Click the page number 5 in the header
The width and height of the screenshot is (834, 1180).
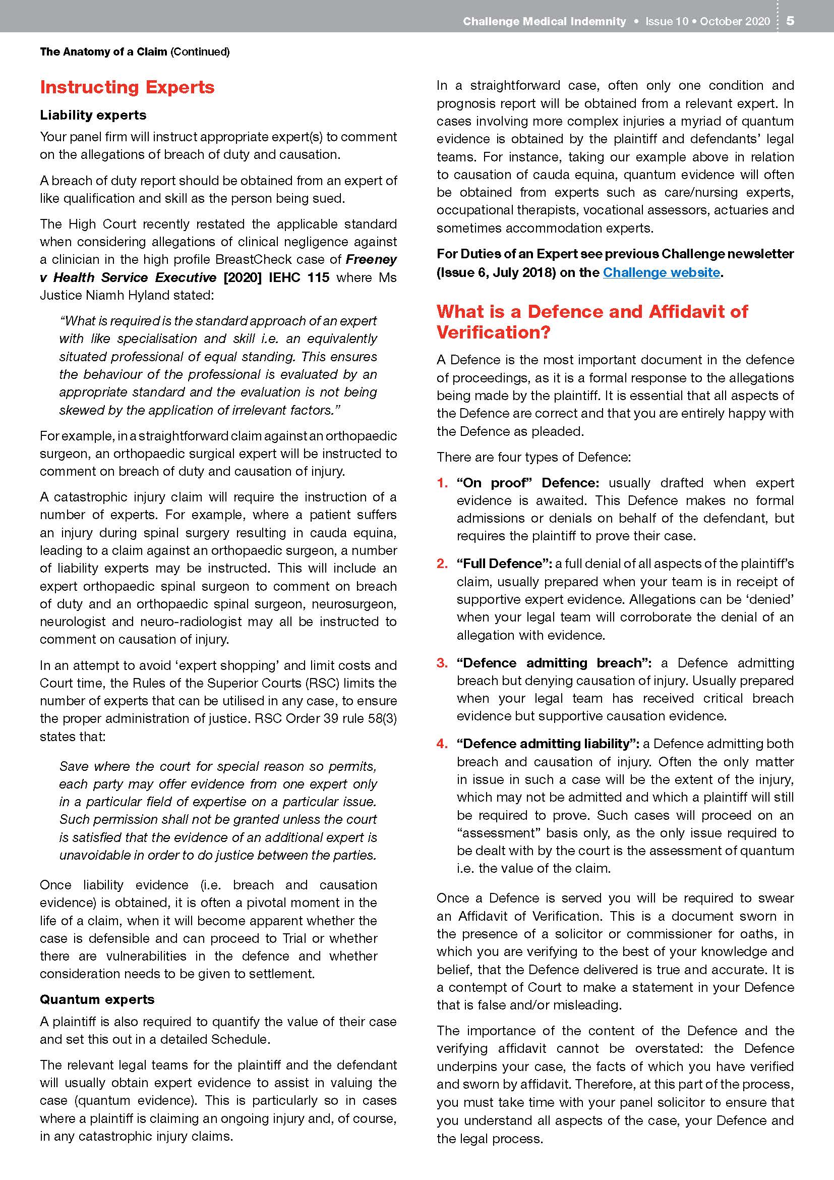(x=790, y=21)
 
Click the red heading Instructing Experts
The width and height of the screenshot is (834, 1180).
(x=127, y=87)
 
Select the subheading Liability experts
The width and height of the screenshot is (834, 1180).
(x=93, y=115)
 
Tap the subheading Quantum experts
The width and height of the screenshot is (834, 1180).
(x=97, y=999)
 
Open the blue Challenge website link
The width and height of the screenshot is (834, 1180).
(x=661, y=272)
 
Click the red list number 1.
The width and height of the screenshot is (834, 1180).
(x=442, y=483)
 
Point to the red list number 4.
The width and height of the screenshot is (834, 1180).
(x=442, y=744)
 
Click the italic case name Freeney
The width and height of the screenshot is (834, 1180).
(x=371, y=259)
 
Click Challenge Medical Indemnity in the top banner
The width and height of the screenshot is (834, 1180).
(x=544, y=21)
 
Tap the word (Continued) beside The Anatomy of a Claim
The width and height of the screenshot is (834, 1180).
(x=200, y=51)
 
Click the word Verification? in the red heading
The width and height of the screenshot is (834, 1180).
(x=493, y=332)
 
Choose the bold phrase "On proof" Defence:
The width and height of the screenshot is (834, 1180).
(x=527, y=483)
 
